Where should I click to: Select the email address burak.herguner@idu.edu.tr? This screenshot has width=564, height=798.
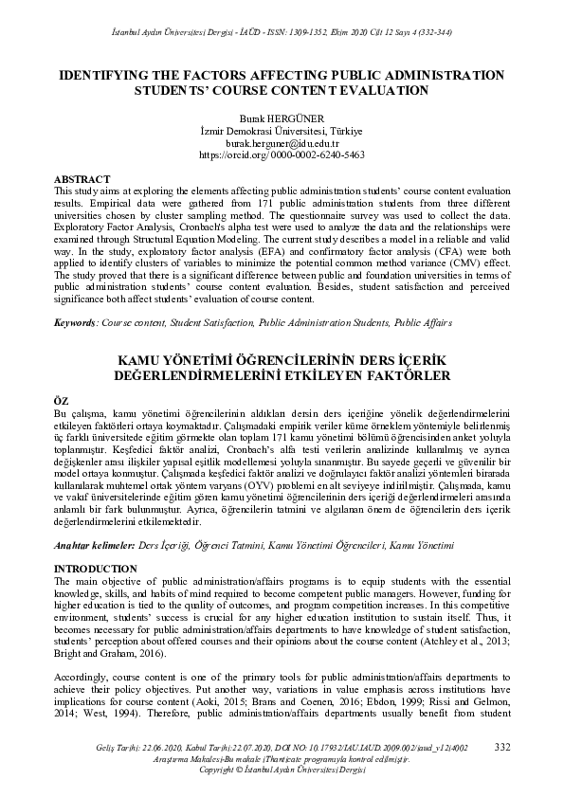[282, 141]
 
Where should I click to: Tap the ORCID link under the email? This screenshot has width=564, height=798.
[282, 154]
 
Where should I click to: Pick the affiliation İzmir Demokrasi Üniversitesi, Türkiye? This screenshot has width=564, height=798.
[282, 130]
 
